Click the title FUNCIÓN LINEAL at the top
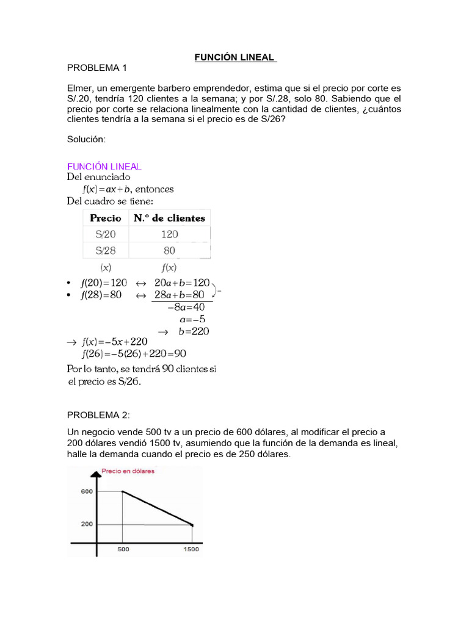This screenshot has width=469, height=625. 235,58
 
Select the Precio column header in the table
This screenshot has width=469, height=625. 106,218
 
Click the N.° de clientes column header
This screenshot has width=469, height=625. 169,218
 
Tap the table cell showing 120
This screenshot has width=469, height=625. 169,234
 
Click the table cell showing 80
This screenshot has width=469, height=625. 169,250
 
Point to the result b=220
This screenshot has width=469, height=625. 194,331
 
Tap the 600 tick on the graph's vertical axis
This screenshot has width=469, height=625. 86,491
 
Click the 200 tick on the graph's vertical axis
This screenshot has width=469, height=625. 86,524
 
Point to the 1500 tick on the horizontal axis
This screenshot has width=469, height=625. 192,549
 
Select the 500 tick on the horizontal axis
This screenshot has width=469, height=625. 123,549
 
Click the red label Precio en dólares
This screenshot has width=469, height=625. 128,471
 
